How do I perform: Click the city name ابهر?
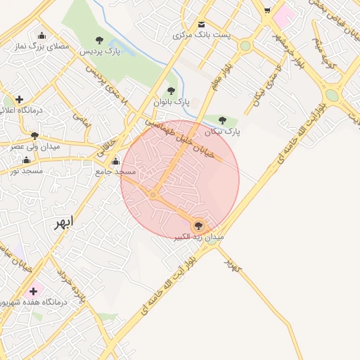[x=63, y=223]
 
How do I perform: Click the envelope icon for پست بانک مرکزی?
[x=202, y=24]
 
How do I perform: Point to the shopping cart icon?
[x=266, y=11]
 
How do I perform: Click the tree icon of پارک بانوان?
[x=171, y=91]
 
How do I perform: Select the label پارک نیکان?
[x=223, y=131]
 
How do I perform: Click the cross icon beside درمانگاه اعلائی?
[x=19, y=99]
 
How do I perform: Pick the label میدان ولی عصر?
[x=34, y=147]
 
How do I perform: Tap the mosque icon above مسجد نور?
[x=27, y=160]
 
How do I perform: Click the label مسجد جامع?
[x=115, y=172]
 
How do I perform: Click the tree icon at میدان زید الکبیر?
[x=199, y=226]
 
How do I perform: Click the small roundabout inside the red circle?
[x=153, y=195]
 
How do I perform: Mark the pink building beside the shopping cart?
[x=285, y=13]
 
